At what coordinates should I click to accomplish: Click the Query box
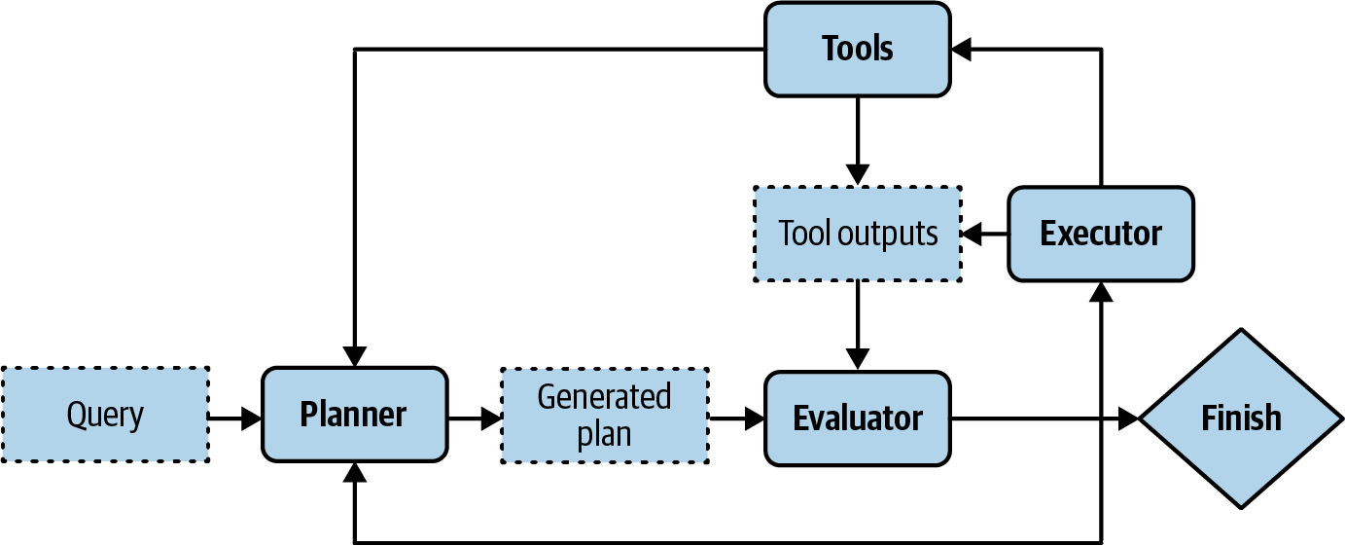(105, 415)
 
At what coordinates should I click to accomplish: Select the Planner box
(354, 415)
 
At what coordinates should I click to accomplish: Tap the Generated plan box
(604, 415)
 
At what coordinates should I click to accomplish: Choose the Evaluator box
(857, 418)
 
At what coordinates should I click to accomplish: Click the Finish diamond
(1241, 419)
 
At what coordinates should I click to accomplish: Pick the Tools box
(857, 49)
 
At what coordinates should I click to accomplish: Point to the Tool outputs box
(857, 234)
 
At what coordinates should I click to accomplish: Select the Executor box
(1100, 234)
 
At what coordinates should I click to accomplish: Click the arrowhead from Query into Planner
(252, 419)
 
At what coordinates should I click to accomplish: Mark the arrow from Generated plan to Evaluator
(737, 419)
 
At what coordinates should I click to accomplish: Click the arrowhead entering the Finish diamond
(1128, 419)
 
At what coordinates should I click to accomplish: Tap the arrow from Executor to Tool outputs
(984, 234)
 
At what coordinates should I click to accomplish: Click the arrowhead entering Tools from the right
(962, 50)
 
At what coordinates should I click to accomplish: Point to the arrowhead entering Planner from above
(355, 356)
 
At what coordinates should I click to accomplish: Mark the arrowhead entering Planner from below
(355, 473)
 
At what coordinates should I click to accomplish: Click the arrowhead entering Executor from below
(1101, 293)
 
